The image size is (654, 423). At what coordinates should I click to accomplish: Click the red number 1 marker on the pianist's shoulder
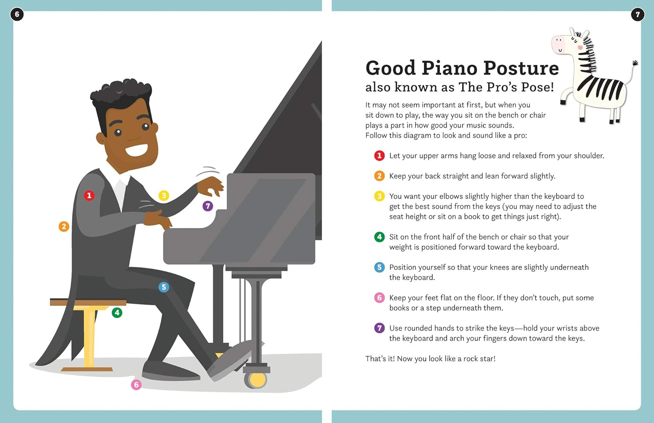pyautogui.click(x=89, y=196)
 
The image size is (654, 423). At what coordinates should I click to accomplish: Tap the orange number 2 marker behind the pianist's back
pyautogui.click(x=64, y=227)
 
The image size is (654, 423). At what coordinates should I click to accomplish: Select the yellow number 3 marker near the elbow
pyautogui.click(x=163, y=196)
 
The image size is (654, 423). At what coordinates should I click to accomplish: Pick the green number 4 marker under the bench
pyautogui.click(x=117, y=312)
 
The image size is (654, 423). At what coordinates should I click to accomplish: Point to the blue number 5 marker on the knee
pyautogui.click(x=163, y=287)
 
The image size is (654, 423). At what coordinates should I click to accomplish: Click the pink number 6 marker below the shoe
pyautogui.click(x=136, y=385)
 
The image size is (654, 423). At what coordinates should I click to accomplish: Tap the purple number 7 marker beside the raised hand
pyautogui.click(x=208, y=206)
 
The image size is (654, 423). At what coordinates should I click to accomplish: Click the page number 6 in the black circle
pyautogui.click(x=17, y=14)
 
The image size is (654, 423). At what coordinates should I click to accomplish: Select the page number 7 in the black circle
pyautogui.click(x=637, y=14)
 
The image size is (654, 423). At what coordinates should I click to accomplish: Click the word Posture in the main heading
pyautogui.click(x=521, y=68)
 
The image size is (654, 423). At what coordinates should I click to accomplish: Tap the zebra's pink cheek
pyautogui.click(x=580, y=47)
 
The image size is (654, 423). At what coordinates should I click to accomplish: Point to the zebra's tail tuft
pyautogui.click(x=635, y=63)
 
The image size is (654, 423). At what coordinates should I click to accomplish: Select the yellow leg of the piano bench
pyautogui.click(x=89, y=335)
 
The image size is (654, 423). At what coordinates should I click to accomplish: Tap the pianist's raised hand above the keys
pyautogui.click(x=211, y=185)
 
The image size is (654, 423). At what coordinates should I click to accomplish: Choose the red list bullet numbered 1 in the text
pyautogui.click(x=379, y=156)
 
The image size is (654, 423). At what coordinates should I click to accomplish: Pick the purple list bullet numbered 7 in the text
pyautogui.click(x=379, y=328)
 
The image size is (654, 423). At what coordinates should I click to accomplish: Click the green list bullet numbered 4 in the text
pyautogui.click(x=379, y=237)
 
